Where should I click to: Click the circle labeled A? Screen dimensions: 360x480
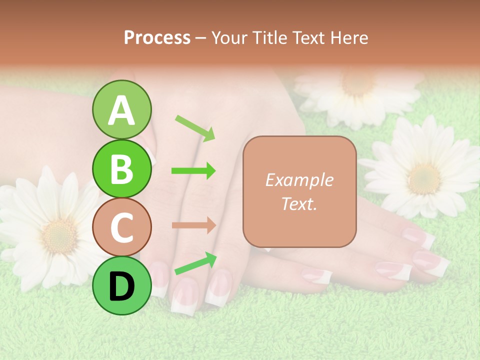click(121, 109)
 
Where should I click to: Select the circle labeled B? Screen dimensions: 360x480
click(121, 168)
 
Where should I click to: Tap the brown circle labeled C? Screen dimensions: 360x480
click(121, 227)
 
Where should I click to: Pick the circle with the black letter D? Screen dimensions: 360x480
click(121, 285)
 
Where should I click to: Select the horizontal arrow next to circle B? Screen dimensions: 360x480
click(193, 171)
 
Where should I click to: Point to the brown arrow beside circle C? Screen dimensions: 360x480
click(193, 225)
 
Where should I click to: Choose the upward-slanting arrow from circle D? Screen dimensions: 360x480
click(195, 263)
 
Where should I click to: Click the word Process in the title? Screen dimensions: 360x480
click(157, 37)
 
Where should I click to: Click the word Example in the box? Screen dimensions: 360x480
click(299, 180)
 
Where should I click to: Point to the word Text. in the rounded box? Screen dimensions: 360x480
click(299, 203)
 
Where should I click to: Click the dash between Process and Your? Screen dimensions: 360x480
click(201, 37)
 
